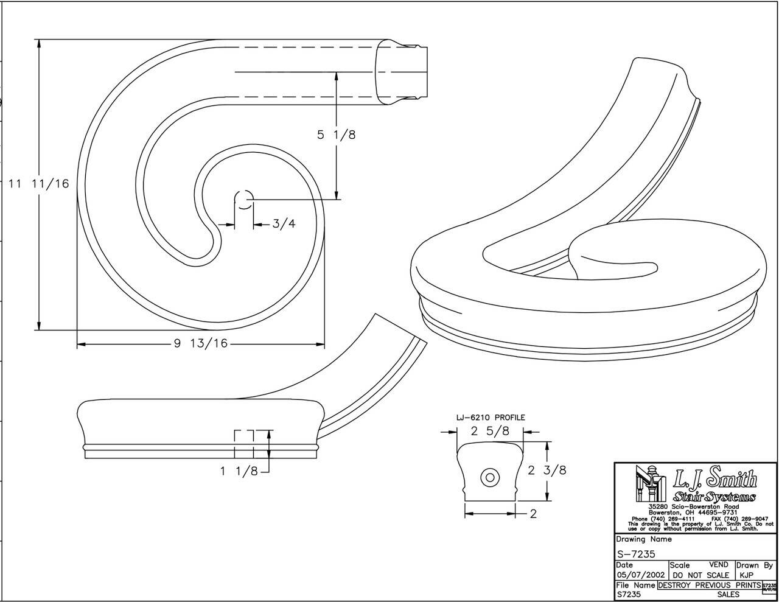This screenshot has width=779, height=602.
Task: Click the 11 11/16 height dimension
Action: (38, 183)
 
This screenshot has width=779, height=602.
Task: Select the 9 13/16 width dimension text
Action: (200, 344)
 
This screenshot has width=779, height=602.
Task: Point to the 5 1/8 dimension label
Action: (336, 135)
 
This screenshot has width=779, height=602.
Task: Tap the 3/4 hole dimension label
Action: (284, 224)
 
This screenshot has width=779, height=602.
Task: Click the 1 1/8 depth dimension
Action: (239, 471)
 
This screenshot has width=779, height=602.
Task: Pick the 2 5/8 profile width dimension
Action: (490, 432)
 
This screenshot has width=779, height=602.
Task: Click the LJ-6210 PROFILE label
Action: (491, 418)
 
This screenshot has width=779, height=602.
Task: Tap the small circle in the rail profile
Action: (490, 478)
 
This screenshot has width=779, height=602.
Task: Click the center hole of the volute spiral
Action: (244, 199)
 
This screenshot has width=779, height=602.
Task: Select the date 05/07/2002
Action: (640, 575)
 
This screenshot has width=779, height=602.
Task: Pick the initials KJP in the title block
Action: (747, 575)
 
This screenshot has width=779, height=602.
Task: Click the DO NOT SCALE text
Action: (700, 575)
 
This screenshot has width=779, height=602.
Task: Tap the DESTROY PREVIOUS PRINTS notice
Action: (709, 585)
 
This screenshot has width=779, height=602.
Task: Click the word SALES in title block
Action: (728, 595)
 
